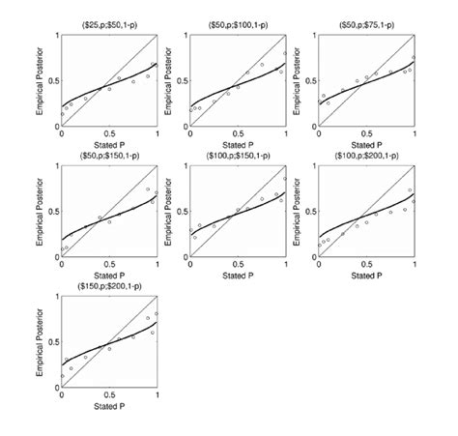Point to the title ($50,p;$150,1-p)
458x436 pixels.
click(109, 155)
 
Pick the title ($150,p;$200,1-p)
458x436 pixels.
click(109, 286)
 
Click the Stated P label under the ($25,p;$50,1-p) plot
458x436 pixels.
click(109, 147)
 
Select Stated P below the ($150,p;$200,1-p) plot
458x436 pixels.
click(109, 410)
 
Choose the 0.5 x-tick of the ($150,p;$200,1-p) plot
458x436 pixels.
click(109, 400)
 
